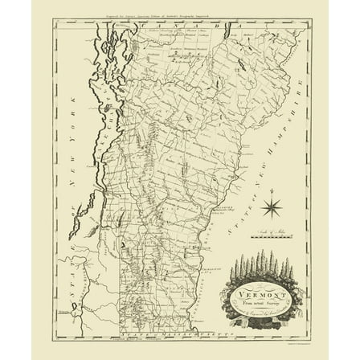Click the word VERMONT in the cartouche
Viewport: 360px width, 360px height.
coord(256,296)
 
